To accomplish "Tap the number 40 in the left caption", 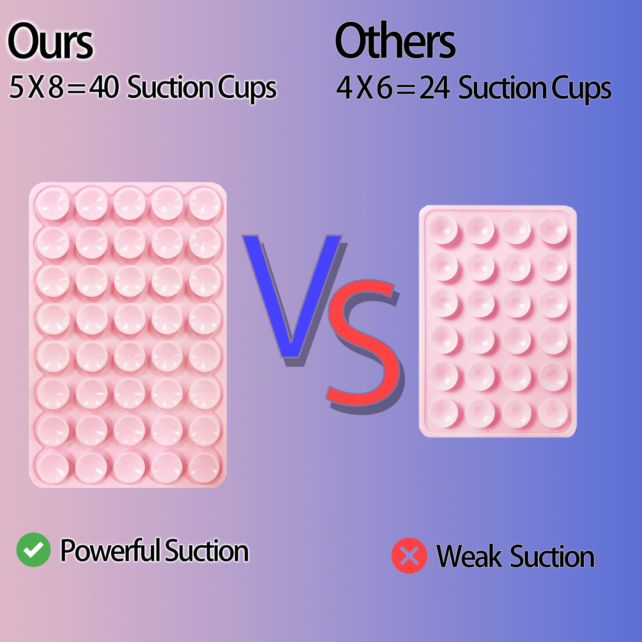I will [x=104, y=87].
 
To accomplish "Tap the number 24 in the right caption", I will [x=435, y=88].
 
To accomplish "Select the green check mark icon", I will [x=33, y=550].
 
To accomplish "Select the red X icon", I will [x=409, y=556].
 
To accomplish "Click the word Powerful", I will [x=110, y=551].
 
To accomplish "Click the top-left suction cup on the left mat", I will [x=53, y=203].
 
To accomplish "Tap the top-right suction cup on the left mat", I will [x=205, y=203].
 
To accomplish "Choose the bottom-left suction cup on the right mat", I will [x=443, y=412].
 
